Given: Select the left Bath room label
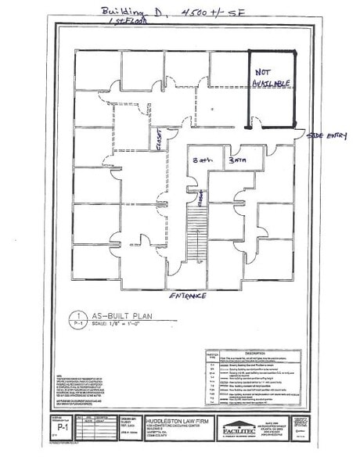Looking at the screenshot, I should point(203,160).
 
